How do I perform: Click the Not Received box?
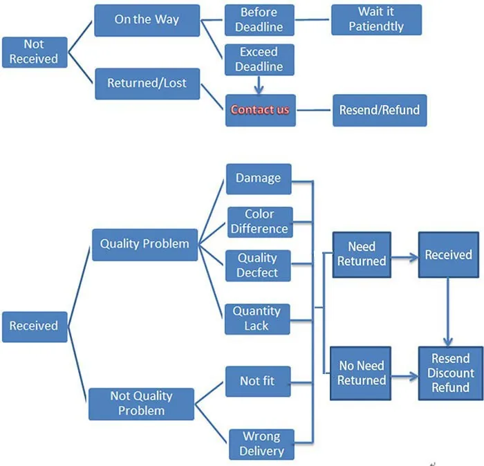33,52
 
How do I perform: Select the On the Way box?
147,20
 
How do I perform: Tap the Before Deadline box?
259,20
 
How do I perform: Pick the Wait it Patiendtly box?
376,20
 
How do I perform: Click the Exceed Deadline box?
259,59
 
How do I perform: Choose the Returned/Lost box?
147,84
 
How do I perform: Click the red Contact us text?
260,110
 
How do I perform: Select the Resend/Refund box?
378,110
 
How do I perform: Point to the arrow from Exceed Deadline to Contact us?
259,85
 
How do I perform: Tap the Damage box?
258,178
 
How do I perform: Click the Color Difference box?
259,222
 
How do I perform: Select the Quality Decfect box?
257,265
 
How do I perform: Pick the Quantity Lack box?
257,319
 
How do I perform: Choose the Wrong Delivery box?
261,444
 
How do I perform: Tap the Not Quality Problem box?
141,404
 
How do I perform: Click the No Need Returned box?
362,373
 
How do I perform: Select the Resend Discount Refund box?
450,373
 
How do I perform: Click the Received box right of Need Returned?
448,254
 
